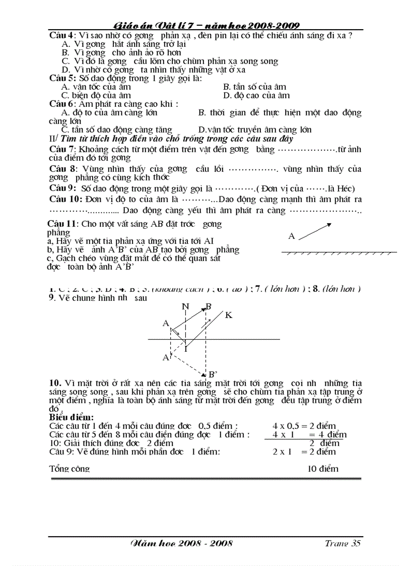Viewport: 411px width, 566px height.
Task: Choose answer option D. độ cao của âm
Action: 256,95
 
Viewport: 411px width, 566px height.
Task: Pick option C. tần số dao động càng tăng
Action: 117,130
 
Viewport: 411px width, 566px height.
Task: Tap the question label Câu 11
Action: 62,223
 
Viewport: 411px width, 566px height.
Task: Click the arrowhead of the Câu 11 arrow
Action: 329,225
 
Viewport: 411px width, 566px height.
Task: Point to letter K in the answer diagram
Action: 229,315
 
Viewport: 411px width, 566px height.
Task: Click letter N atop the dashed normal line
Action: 185,306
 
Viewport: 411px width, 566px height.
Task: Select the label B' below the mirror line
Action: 213,374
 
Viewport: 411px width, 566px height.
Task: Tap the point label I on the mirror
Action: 185,348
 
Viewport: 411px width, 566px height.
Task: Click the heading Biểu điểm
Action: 71,418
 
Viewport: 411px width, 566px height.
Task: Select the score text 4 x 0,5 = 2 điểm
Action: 304,426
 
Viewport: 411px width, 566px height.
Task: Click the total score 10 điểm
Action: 323,469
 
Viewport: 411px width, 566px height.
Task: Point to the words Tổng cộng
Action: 70,469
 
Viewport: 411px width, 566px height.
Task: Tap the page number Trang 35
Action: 342,543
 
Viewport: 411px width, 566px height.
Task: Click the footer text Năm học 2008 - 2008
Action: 181,543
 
